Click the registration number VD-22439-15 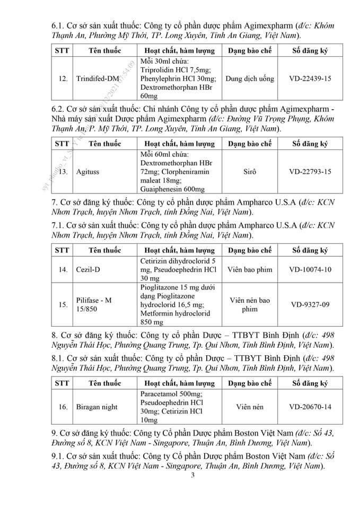tap(310, 78)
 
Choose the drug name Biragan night tap(96, 407)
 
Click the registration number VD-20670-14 tap(310, 407)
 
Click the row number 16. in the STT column tap(63, 407)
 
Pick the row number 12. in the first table tap(63, 78)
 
